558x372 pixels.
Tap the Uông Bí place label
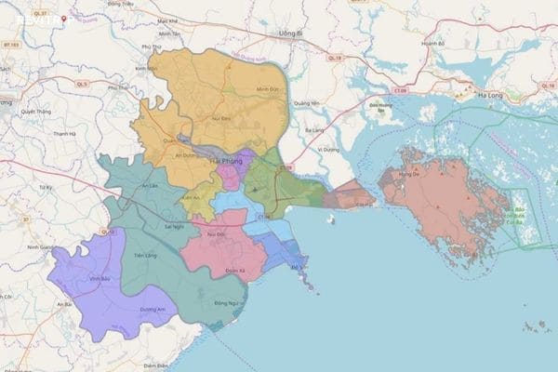tap(291, 34)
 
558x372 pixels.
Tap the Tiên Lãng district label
tap(145, 254)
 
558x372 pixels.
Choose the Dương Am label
tap(153, 311)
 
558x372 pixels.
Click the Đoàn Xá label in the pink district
tap(221, 271)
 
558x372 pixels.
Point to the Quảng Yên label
tap(306, 103)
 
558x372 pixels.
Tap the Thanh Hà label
tap(63, 134)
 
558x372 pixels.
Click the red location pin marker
tap(63, 19)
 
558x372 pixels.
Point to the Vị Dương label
tap(326, 149)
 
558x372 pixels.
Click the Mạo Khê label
tap(167, 20)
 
